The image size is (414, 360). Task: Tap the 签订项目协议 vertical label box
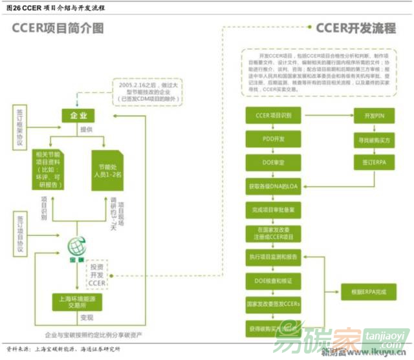19,232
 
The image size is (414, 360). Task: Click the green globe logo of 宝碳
77,247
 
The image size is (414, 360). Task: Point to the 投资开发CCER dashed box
96,274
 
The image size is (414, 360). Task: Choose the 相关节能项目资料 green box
51,167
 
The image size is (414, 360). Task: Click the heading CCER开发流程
355,28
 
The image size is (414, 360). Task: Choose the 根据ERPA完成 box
368,292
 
